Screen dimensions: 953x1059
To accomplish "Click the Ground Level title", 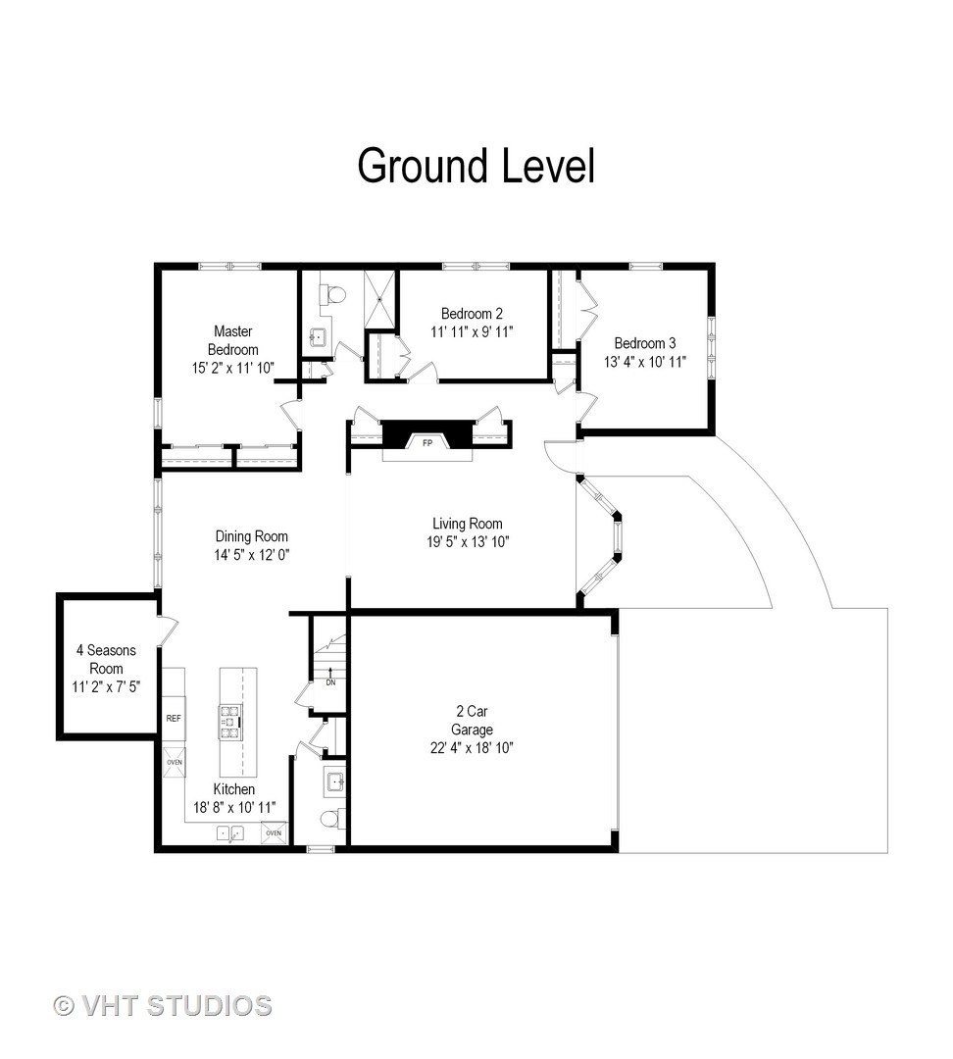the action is tap(476, 166).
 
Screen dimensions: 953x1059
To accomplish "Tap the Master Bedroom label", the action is tap(233, 340).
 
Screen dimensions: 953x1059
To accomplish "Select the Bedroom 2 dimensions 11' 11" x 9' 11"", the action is tap(472, 332).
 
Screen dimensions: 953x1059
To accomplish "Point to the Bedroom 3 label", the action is tap(645, 343).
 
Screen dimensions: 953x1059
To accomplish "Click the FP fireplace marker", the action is tap(426, 443).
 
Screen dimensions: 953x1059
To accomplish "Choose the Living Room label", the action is tap(468, 524).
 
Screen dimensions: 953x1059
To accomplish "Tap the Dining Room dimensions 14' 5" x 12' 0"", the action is tap(252, 555).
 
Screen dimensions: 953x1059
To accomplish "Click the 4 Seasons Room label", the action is tap(106, 659).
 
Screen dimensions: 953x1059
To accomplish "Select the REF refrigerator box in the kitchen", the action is tap(174, 718).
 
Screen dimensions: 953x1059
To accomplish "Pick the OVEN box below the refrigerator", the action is tap(174, 762).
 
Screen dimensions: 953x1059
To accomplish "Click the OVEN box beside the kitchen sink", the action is tap(274, 832).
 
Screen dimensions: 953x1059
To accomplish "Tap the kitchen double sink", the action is tap(230, 833).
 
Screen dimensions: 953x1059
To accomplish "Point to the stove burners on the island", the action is tap(229, 723).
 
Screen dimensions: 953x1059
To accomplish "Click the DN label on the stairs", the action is tap(330, 682).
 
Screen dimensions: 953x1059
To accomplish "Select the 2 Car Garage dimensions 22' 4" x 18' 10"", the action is tap(472, 748).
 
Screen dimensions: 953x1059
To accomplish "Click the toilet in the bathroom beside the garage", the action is tap(331, 819).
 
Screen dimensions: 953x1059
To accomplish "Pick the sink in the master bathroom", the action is tap(318, 335).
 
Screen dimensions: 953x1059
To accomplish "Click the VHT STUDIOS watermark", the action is tap(163, 1006).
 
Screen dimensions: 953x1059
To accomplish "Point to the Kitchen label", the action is tap(234, 788).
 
